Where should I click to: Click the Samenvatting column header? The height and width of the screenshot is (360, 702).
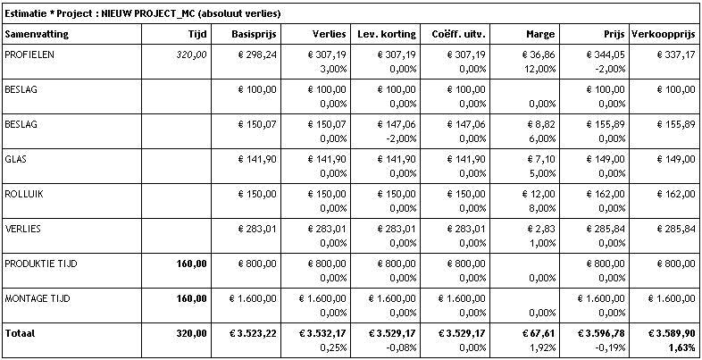(x=37, y=34)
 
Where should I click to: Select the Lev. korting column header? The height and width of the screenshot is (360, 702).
(x=387, y=34)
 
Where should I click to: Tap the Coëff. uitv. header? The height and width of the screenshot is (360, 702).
(x=459, y=34)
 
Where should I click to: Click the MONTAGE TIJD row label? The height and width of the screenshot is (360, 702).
(x=38, y=298)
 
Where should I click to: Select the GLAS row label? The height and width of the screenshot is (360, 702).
(x=15, y=159)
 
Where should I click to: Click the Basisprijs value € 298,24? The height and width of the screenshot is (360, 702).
(x=256, y=55)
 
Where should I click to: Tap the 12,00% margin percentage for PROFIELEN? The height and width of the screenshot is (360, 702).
(x=540, y=69)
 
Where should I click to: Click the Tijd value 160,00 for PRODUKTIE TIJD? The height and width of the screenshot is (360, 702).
(x=192, y=264)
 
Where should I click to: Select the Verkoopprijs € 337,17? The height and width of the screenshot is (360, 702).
(x=676, y=55)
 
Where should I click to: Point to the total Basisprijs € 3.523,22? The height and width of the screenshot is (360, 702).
(x=253, y=333)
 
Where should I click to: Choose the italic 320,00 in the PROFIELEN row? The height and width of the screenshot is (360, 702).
(x=192, y=55)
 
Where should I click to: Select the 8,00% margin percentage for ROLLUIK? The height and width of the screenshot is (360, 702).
(x=542, y=208)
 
